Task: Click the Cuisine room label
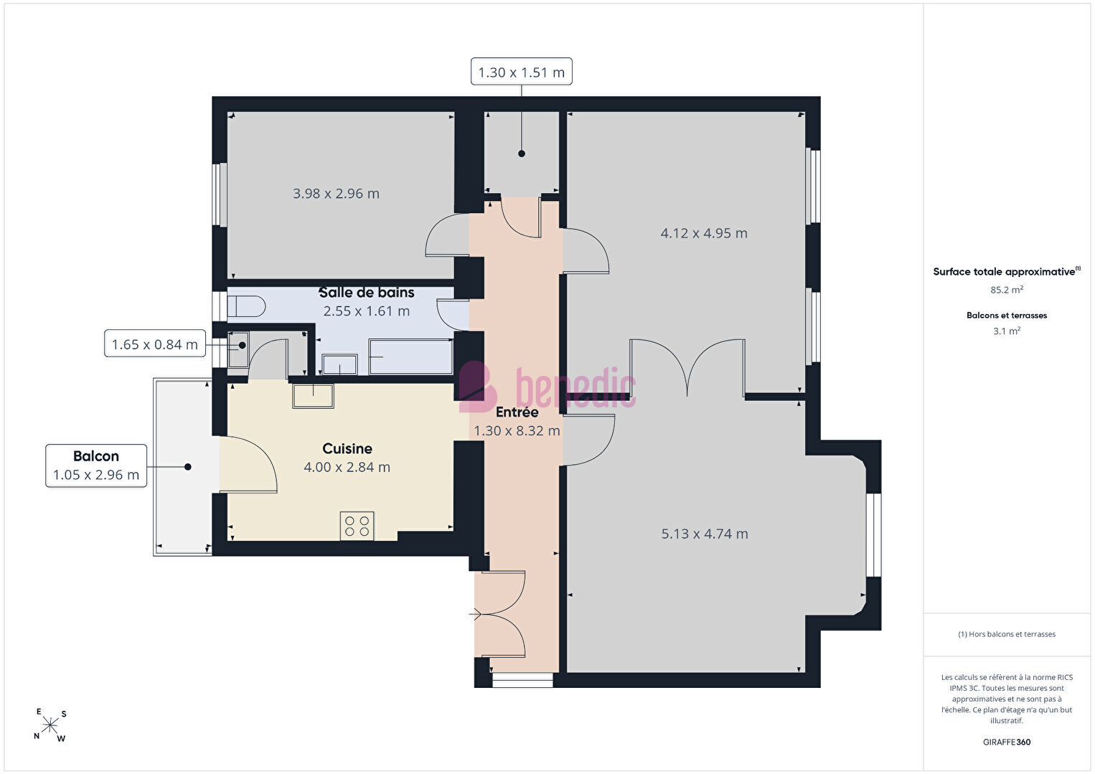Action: point(347,448)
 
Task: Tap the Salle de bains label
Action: point(367,292)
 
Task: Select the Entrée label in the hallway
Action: point(517,412)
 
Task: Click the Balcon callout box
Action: point(96,466)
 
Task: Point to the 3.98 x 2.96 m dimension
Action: point(336,194)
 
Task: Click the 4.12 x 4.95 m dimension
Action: point(704,233)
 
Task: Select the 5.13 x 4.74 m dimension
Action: point(705,534)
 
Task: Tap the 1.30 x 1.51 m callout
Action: point(522,71)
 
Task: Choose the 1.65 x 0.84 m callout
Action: point(155,344)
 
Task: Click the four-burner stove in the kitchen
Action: point(357,526)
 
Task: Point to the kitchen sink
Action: point(313,396)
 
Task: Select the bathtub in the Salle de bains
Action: point(410,357)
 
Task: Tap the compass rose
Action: point(50,725)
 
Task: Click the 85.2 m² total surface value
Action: point(1007,289)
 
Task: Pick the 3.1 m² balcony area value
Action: point(1007,331)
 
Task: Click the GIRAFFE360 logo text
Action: point(1007,742)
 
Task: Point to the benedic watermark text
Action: point(547,387)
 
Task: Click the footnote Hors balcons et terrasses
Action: point(1007,634)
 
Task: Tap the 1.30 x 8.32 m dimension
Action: point(517,431)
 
